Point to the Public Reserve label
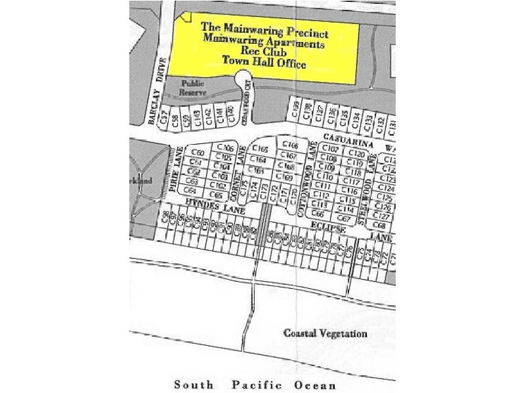click(194, 88)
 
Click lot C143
click(198, 117)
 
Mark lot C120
click(356, 153)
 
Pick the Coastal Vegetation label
click(325, 333)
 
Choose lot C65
click(216, 195)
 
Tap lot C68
click(379, 225)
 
